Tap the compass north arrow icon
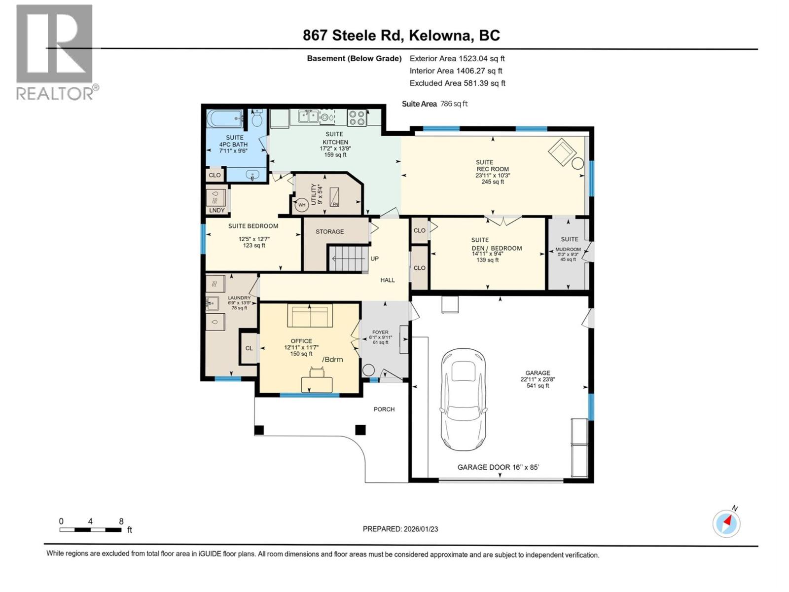click(x=726, y=523)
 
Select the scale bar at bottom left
click(x=91, y=530)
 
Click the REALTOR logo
click(x=55, y=52)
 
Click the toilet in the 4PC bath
click(x=256, y=119)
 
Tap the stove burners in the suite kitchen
click(x=357, y=117)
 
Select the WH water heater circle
click(x=301, y=205)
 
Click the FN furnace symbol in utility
click(x=335, y=197)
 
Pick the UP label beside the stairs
click(x=374, y=259)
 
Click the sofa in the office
click(x=310, y=316)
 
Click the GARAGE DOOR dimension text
click(x=498, y=467)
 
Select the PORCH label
click(x=384, y=409)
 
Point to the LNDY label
click(x=216, y=210)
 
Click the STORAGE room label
click(x=330, y=231)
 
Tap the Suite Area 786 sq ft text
click(x=434, y=104)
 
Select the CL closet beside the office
click(x=249, y=348)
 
